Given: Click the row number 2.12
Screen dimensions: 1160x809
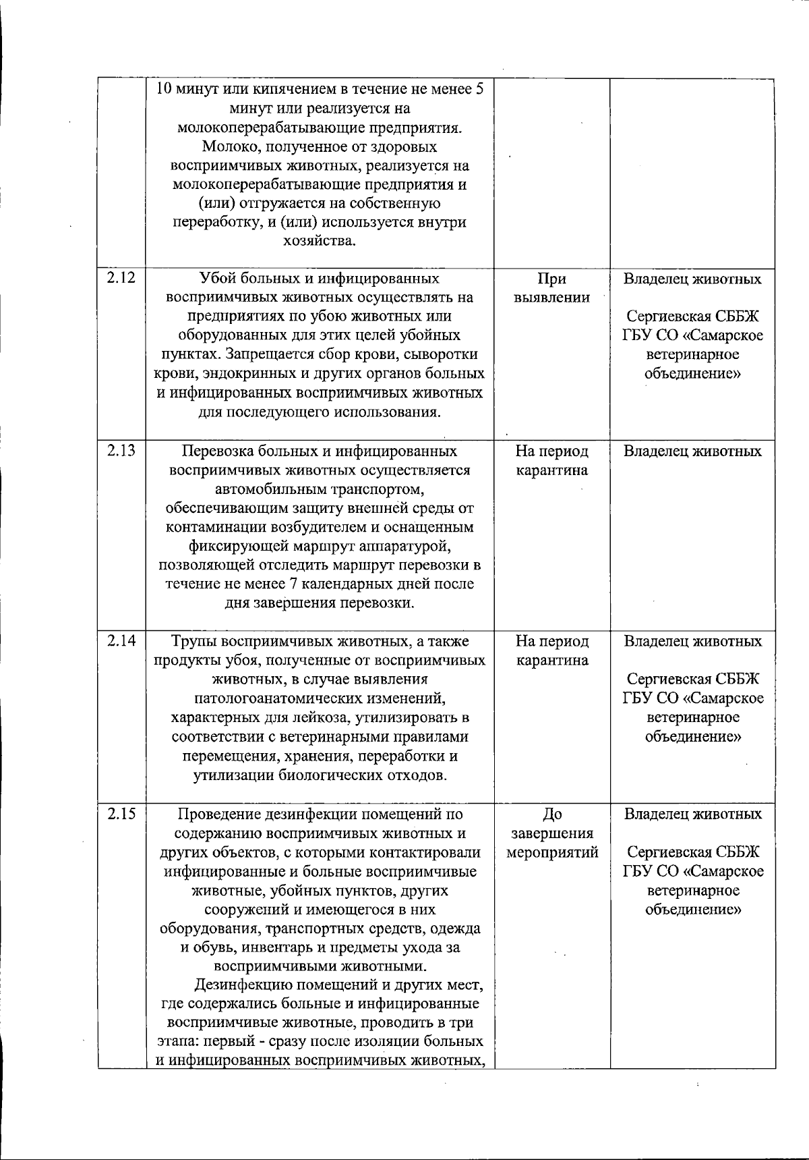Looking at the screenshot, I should pos(121,277).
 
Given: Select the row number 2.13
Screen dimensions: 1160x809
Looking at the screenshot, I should pos(121,450).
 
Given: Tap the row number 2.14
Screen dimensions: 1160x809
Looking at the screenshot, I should pos(121,640).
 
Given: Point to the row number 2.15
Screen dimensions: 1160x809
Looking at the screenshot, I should pos(121,813).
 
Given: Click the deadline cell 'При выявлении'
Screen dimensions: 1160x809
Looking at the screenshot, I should pos(551,288).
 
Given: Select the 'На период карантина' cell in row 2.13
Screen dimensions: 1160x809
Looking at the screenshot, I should pos(551,460).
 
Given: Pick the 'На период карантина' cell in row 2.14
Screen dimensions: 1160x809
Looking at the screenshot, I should pos(551,651).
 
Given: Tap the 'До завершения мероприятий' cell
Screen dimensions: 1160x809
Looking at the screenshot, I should pos(551,833).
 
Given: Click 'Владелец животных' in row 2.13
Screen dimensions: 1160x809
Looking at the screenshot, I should pos(692,451).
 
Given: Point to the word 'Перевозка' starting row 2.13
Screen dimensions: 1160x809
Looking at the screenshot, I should pos(214,451).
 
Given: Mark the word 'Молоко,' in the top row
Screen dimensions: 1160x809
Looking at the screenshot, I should pos(228,146).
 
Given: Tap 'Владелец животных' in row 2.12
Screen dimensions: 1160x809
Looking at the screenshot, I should pos(692,279).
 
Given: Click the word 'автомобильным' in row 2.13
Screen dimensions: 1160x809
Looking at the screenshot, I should pos(268,489).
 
